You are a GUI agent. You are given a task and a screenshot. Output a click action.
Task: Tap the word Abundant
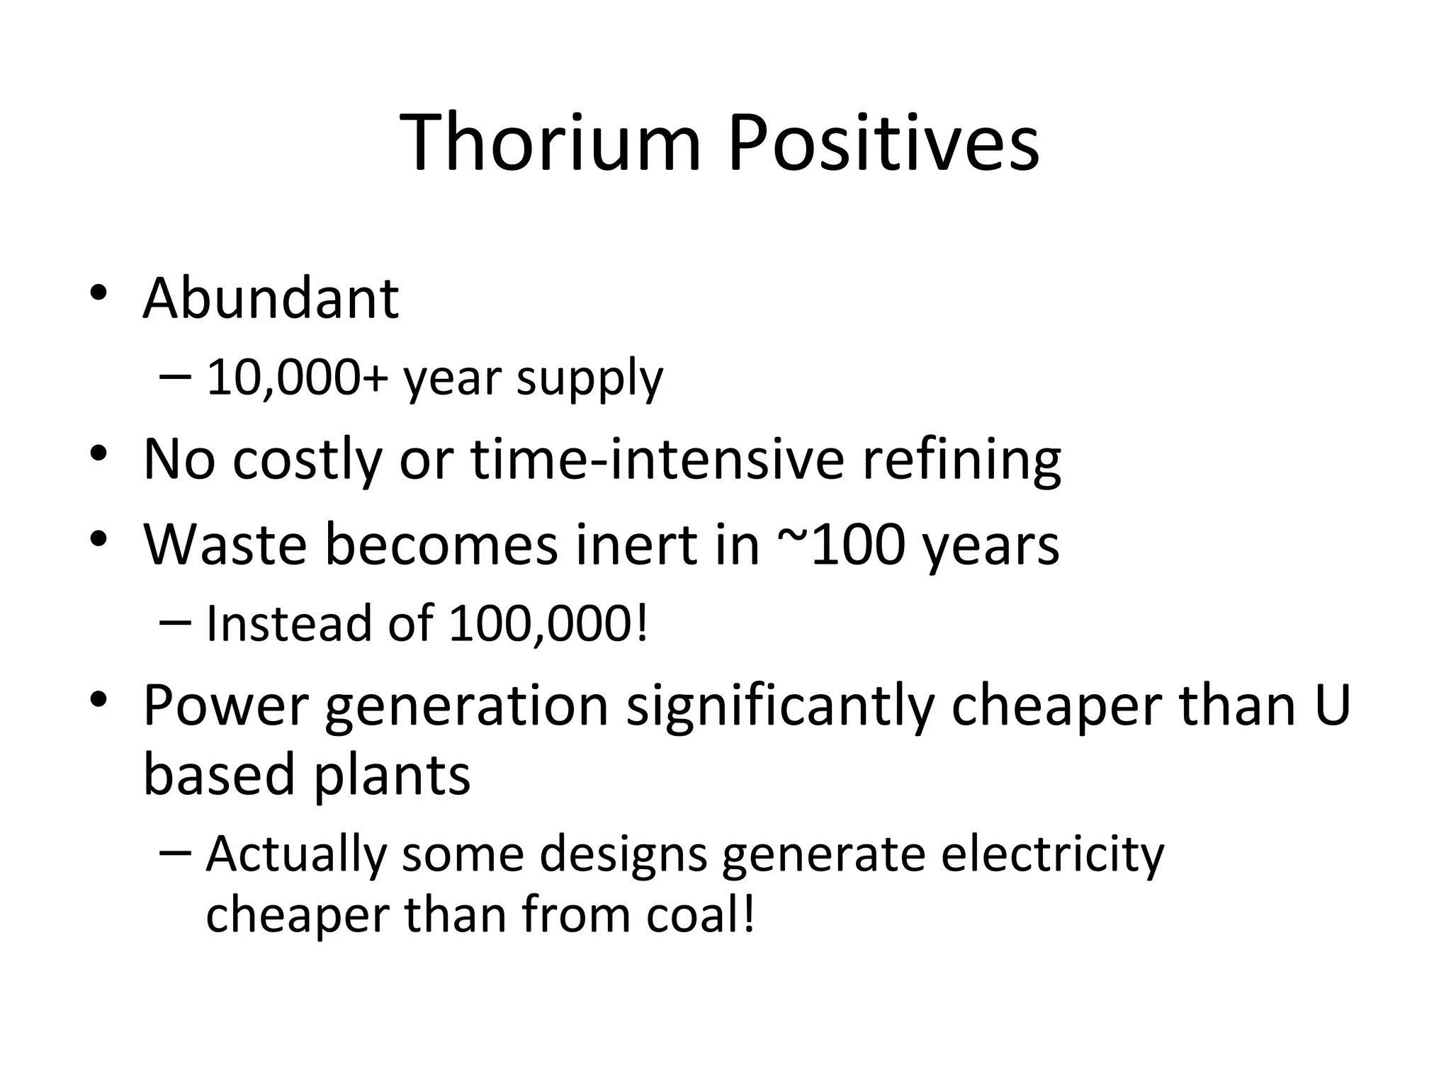[x=271, y=298]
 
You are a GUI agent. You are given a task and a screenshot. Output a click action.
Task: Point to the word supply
[x=589, y=379]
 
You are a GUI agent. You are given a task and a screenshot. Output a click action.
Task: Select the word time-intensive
[x=657, y=459]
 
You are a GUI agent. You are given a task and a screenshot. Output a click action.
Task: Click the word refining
[x=961, y=460]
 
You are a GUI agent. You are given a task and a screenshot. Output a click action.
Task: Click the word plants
[x=392, y=773]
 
